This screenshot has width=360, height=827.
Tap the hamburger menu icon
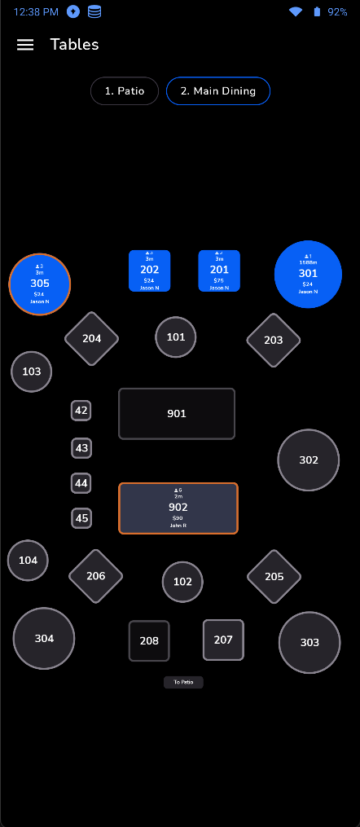pos(25,45)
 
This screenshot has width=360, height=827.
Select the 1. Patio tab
pos(124,91)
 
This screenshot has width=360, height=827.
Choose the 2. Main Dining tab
pos(217,91)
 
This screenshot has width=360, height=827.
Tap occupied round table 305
pos(40,284)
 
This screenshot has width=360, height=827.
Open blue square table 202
pos(150,271)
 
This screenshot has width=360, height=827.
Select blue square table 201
pos(219,271)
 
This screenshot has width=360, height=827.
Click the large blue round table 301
pos(308,274)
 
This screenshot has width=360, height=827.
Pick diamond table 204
pos(92,338)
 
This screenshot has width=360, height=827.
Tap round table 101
pos(176,337)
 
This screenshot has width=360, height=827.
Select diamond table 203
pos(274,340)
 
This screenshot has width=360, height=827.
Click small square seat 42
pos(81,411)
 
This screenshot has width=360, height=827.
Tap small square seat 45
pos(81,518)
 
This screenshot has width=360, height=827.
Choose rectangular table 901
pos(177,414)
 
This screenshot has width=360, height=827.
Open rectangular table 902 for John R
pos(178,508)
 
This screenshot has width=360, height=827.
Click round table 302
pos(309,460)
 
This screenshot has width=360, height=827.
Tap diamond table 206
pos(95,576)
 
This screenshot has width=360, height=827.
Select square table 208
pos(149,640)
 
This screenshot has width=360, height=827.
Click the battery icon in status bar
pos(318,12)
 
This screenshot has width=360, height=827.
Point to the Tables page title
pos(74,45)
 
